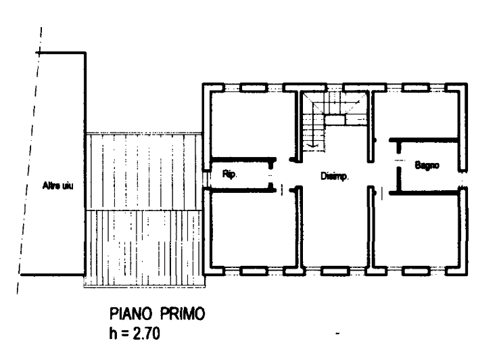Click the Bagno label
coord(427,164)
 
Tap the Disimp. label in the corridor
coord(334,178)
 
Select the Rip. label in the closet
coord(230,175)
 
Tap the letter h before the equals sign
coord(113,334)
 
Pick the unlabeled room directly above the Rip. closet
coord(250,125)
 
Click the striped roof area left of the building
coord(143,210)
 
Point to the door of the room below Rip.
coord(287,190)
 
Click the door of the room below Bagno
coord(382,194)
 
